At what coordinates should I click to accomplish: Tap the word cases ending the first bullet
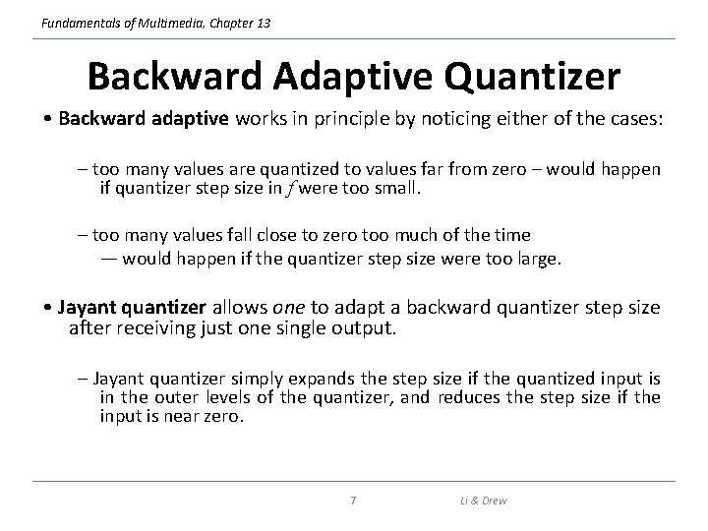635,119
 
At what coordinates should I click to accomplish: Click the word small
397,187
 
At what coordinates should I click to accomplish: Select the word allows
239,307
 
